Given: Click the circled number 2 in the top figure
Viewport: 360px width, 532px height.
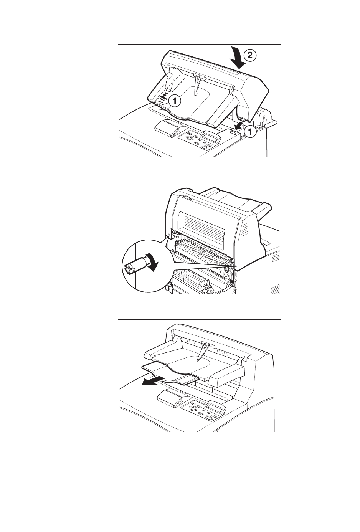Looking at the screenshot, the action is click(x=250, y=55).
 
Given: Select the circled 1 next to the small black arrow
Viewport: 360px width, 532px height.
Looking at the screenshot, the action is click(x=251, y=131).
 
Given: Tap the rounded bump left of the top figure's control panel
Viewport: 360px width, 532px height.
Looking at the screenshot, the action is click(x=166, y=129).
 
